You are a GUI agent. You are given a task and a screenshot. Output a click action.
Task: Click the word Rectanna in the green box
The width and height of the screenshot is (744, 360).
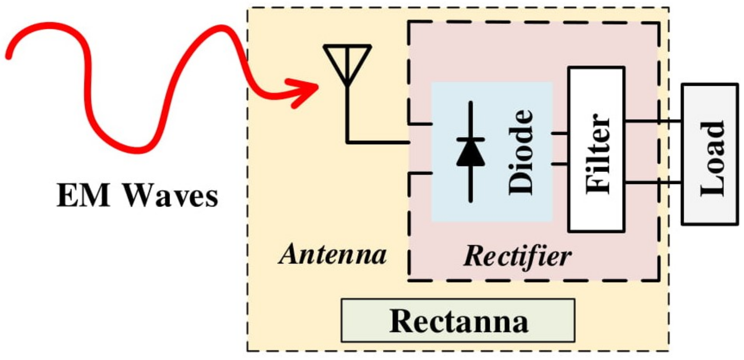(458, 321)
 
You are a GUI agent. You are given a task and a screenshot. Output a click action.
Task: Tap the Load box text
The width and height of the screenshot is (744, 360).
(712, 159)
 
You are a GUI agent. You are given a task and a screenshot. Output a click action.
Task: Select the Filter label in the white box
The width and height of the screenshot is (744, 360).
(597, 154)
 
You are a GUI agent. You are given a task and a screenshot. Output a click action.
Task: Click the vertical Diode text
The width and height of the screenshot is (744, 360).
(520, 152)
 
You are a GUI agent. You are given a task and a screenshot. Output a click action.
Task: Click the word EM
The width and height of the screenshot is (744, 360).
(83, 196)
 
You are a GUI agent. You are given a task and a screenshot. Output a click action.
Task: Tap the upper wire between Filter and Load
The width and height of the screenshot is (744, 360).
(653, 121)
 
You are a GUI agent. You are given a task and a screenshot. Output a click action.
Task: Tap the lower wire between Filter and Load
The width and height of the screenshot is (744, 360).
(653, 183)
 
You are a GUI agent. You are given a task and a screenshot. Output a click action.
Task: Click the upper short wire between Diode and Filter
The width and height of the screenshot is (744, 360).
(560, 133)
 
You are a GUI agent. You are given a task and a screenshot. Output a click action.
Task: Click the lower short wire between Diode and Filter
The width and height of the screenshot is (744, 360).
(560, 164)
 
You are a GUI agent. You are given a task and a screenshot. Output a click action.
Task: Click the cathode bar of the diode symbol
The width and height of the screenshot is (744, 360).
(470, 140)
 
